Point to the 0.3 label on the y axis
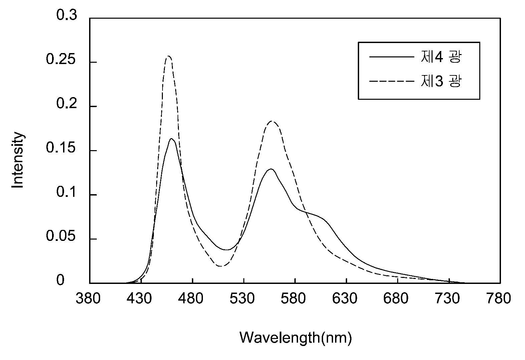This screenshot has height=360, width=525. click(x=66, y=15)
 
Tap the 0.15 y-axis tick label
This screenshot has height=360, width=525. click(x=61, y=148)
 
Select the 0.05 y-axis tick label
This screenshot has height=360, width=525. click(x=61, y=236)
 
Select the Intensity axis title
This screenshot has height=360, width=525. click(x=18, y=160)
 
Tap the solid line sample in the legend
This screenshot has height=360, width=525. click(x=391, y=57)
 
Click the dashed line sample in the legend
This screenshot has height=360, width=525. click(x=391, y=81)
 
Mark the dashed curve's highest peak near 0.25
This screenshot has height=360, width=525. click(x=168, y=56)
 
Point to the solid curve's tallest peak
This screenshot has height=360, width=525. click(x=171, y=139)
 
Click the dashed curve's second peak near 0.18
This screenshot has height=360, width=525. click(x=272, y=121)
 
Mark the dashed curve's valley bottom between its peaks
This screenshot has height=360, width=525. click(x=221, y=266)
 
